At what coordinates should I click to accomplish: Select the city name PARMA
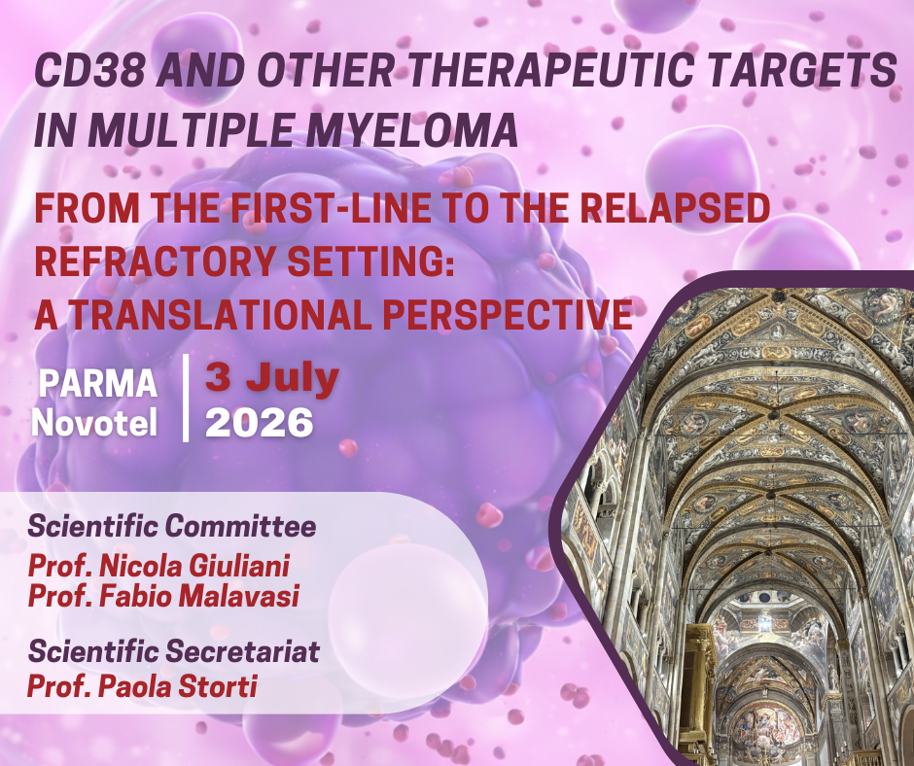click(97, 384)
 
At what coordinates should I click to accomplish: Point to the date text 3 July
click(271, 378)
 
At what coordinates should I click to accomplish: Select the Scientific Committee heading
click(171, 527)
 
